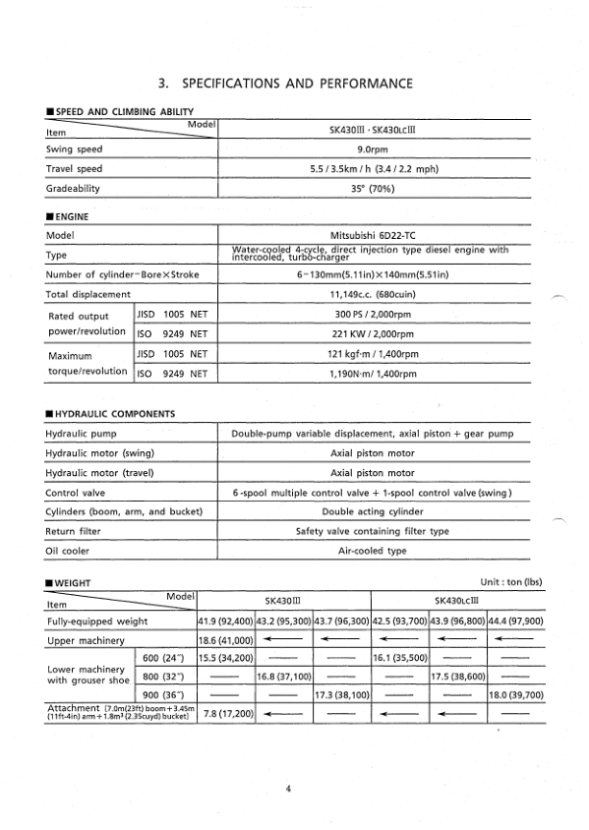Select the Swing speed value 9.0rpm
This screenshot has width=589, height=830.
pos(373,149)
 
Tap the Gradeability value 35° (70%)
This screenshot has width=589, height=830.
pos(373,187)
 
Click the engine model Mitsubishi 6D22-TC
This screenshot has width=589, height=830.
pos(373,236)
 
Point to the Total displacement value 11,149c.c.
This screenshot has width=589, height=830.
pos(373,294)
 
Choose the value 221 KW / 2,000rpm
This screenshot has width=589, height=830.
pos(373,333)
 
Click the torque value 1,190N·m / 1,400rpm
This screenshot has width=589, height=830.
pos(373,374)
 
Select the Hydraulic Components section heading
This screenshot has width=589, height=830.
pos(110,414)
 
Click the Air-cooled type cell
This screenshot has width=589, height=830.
pos(373,551)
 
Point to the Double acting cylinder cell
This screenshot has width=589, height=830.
pos(373,511)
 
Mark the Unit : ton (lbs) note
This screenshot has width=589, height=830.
pos(511,583)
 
